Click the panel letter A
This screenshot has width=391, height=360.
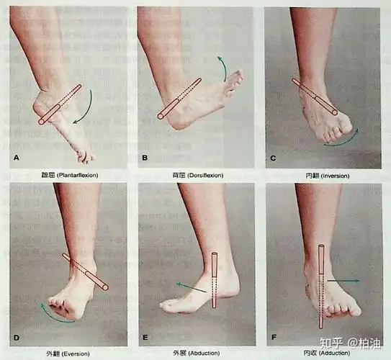coord(15,156)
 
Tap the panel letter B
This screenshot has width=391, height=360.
coord(144,156)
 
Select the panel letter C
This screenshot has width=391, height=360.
coord(273,156)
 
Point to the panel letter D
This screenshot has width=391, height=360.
coord(15,338)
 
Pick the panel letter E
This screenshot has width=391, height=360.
coord(145,338)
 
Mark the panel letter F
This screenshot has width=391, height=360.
coord(273,338)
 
